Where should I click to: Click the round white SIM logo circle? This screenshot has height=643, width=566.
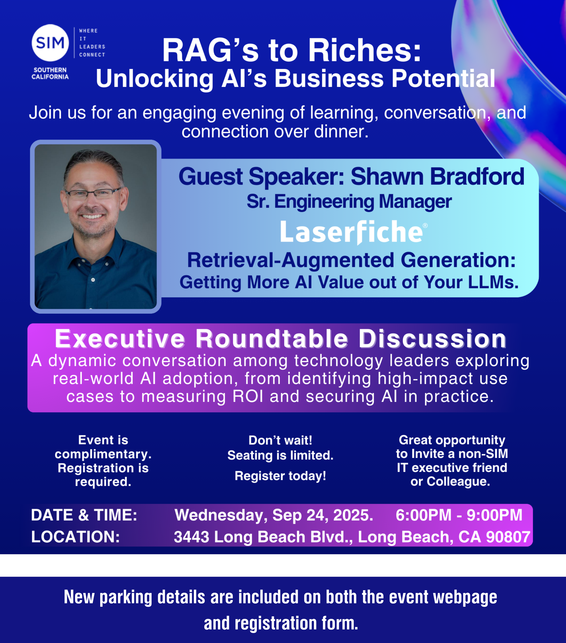pyautogui.click(x=50, y=43)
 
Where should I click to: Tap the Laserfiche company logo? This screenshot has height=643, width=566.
pyautogui.click(x=354, y=232)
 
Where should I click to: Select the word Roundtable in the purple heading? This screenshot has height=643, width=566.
pyautogui.click(x=272, y=339)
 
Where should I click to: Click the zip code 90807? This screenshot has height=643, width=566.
pyautogui.click(x=508, y=536)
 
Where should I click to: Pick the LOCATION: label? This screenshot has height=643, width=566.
pyautogui.click(x=76, y=536)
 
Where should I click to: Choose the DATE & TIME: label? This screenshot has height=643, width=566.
pyautogui.click(x=84, y=515)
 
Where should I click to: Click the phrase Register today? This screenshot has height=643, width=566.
pyautogui.click(x=281, y=476)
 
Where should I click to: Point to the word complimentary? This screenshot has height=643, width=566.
pyautogui.click(x=103, y=454)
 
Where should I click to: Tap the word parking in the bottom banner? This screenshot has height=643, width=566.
pyautogui.click(x=126, y=597)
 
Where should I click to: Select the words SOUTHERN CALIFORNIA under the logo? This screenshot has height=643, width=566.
pyautogui.click(x=50, y=73)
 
